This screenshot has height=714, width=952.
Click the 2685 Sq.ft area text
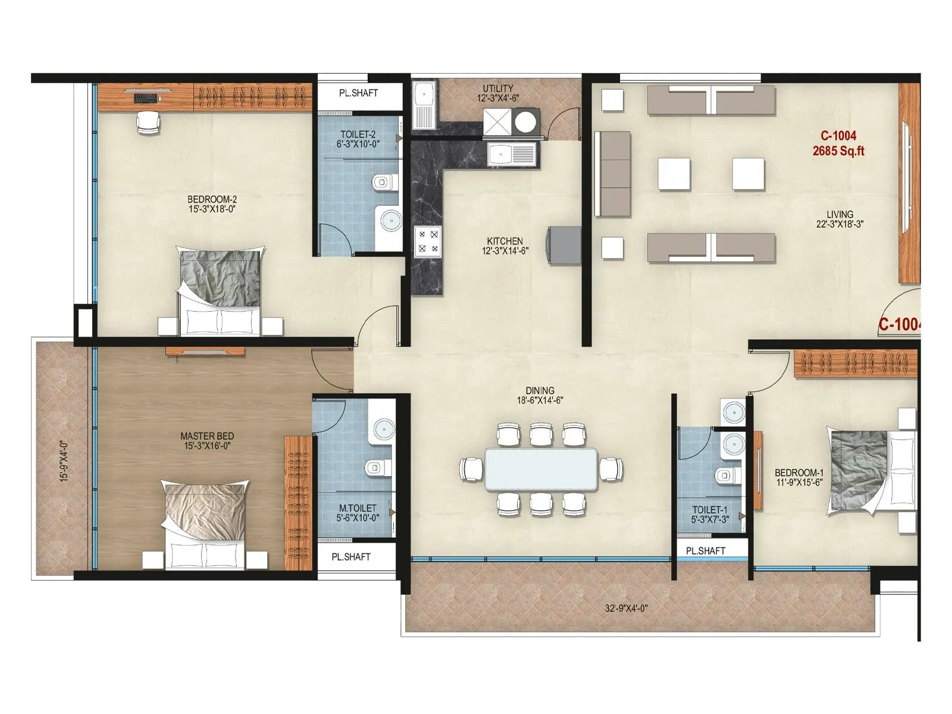coord(838,151)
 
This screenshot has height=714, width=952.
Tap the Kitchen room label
coord(505,246)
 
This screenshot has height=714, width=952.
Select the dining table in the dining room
coord(541,469)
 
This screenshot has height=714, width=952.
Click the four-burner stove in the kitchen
coord(428,241)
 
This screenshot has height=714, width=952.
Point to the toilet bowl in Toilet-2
coord(385,182)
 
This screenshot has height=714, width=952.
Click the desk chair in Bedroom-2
coord(148,122)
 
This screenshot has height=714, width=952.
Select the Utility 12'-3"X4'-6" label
coord(497,93)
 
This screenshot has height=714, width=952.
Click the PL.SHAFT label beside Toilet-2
coord(358,93)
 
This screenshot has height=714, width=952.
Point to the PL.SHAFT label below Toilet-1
coord(705,551)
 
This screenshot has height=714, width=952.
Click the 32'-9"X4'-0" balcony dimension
coord(626,608)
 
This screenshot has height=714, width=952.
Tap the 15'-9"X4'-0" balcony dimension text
coord(64,461)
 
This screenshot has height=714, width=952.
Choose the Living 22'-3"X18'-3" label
coord(840,219)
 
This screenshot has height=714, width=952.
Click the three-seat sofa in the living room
coord(613,174)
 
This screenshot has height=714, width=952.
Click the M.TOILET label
coord(357,513)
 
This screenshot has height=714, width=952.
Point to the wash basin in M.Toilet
coord(384,428)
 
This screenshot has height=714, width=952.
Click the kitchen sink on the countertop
coord(512,155)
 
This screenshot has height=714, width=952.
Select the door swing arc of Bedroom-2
coord(381,324)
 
